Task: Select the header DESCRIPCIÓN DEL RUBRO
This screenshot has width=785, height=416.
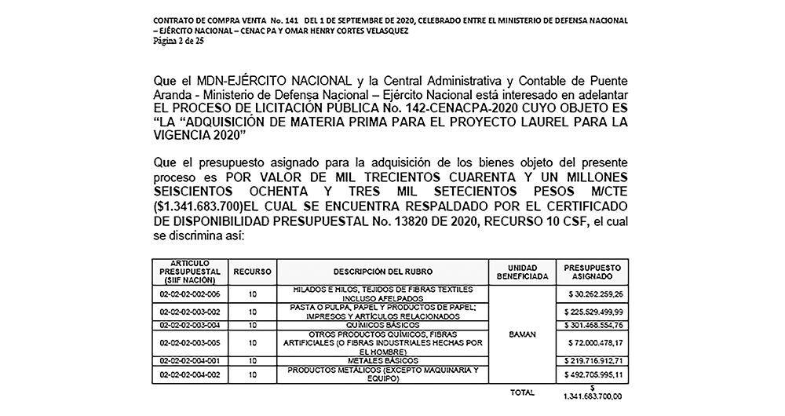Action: point(382,272)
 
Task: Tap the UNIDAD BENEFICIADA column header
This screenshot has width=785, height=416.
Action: point(522,272)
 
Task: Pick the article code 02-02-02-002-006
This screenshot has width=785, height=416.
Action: point(188,294)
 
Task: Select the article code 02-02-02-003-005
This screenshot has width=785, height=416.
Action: point(188,342)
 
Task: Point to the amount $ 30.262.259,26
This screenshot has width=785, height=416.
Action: point(593,294)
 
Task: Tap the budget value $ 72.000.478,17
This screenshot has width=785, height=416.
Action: point(593,342)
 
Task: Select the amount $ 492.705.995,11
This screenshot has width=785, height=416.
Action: point(593,374)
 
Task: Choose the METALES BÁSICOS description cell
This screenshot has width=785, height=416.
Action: point(382,360)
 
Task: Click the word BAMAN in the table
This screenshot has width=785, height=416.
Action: point(522,334)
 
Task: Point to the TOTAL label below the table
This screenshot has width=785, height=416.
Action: point(522,391)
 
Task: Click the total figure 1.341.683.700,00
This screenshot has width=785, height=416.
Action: point(593,397)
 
